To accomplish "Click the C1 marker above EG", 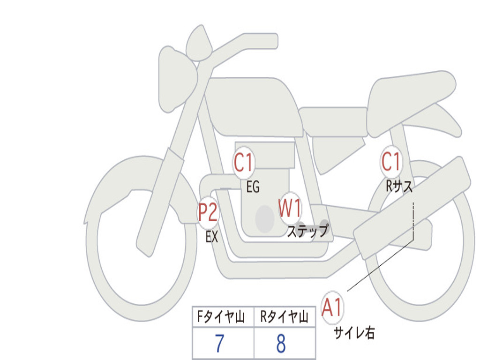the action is coord(243,162).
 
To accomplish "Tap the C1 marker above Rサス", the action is coord(391,161).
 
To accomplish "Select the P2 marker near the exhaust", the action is coord(208,212).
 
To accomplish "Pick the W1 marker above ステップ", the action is coord(290,208).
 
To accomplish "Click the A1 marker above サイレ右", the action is coord(332,307).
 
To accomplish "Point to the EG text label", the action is coord(253,187).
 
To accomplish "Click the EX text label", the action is coord(212,237).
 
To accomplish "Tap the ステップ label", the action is coord(307,231).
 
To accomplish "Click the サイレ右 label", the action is coord(354,333).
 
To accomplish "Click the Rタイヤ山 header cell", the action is coord(285,316).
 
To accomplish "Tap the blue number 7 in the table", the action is coord(219,344).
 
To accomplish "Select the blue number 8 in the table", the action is coord(281,344).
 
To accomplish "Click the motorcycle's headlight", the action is coord(177,79).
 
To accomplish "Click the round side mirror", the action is coord(199,43).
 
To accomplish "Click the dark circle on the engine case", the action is coord(265,219).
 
